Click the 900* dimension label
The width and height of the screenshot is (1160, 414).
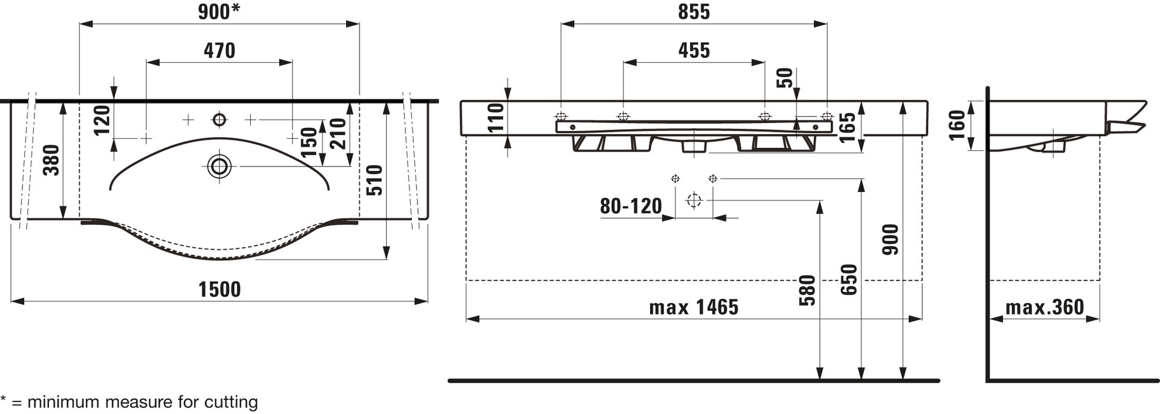(219, 12)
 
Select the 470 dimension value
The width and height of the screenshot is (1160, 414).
(219, 51)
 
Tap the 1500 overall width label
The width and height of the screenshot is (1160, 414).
(220, 290)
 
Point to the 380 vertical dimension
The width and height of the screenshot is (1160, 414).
(52, 160)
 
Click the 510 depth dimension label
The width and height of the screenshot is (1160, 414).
(375, 180)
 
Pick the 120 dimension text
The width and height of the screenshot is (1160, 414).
(103, 120)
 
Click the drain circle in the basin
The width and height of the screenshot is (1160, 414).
(219, 166)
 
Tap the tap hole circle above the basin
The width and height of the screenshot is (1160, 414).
(219, 119)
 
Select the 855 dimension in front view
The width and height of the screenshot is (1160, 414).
(694, 12)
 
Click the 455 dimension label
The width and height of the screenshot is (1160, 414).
(694, 51)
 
